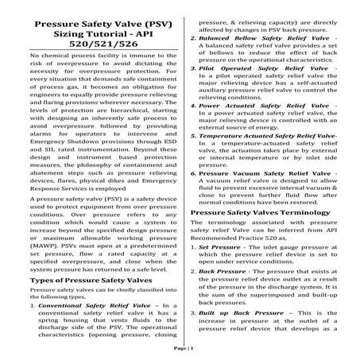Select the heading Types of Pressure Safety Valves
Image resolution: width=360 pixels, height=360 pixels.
(x=74, y=258)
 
